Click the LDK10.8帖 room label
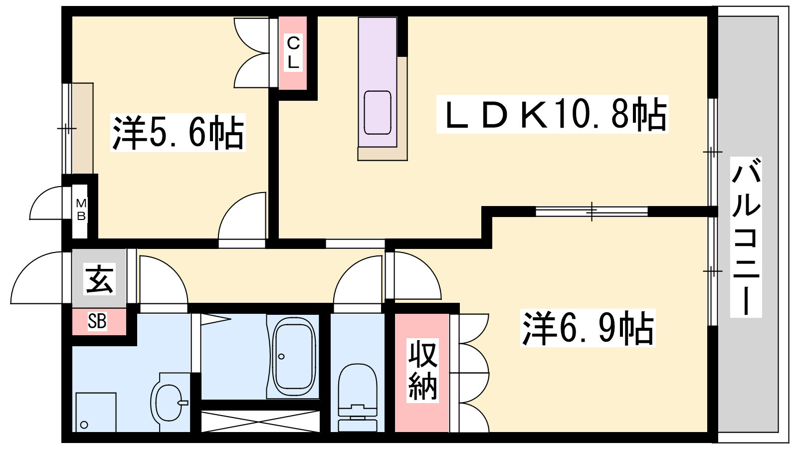tap(553, 114)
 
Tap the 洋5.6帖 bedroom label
tap(178, 133)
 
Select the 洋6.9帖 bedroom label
tap(588, 328)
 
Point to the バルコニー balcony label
tap(746, 237)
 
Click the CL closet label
tap(293, 53)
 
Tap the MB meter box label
tap(81, 210)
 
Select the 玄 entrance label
tap(99, 279)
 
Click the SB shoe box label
tap(97, 321)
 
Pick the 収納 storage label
tap(422, 371)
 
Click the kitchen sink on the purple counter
tap(378, 112)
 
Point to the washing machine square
tap(96, 412)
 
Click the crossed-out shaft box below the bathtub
tap(260, 421)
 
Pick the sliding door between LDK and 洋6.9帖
tap(592, 212)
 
